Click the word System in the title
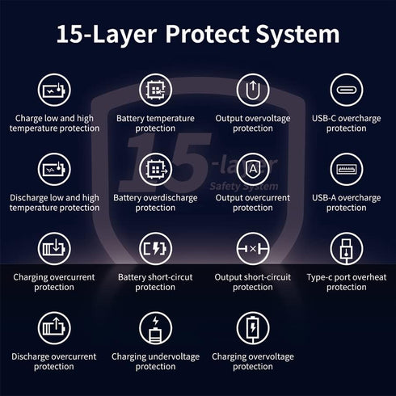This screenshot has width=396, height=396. coord(297,35)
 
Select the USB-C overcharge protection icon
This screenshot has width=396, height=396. coord(347,90)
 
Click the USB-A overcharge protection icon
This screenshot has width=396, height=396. coord(347,169)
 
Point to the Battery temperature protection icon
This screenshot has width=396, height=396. coord(155,90)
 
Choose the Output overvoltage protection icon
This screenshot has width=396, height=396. coord(253,90)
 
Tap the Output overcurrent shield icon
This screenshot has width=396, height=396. coord(253,169)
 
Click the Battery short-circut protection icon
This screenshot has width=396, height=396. coord(155,249)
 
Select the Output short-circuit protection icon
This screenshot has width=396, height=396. coord(253,249)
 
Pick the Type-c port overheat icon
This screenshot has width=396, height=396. coord(347,249)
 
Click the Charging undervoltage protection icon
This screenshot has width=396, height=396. coord(155,328)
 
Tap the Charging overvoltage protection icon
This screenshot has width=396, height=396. coord(253,328)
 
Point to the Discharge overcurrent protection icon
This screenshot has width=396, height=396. coord(54,328)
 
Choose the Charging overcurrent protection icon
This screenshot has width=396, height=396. coord(54,249)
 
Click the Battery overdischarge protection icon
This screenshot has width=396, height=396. coord(155,169)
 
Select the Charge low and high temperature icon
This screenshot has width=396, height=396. coord(54,90)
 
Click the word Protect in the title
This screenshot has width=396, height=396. coord(208,34)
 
